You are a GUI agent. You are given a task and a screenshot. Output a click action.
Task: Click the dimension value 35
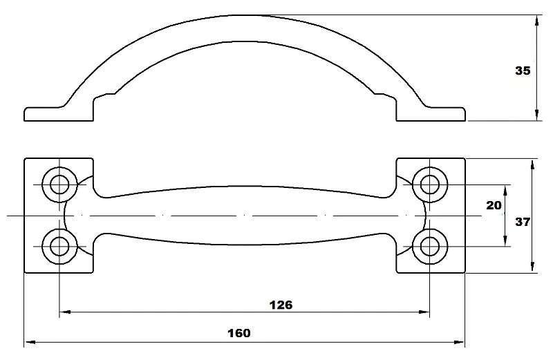[x=523, y=70]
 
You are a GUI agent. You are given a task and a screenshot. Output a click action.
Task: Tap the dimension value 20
[x=494, y=205]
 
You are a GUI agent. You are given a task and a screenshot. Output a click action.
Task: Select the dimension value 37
[x=523, y=222]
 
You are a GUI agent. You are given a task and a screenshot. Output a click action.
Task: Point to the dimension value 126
[x=281, y=305]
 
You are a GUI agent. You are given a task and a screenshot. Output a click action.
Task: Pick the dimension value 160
[x=238, y=333]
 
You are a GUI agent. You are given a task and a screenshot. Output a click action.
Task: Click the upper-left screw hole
[x=59, y=184]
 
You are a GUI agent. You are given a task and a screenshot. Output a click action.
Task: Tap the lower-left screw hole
[x=59, y=246]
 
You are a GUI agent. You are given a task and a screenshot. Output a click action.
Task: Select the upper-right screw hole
[x=429, y=184]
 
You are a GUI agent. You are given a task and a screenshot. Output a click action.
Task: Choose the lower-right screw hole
[x=429, y=246]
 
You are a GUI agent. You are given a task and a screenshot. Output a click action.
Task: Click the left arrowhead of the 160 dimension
[x=30, y=341]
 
